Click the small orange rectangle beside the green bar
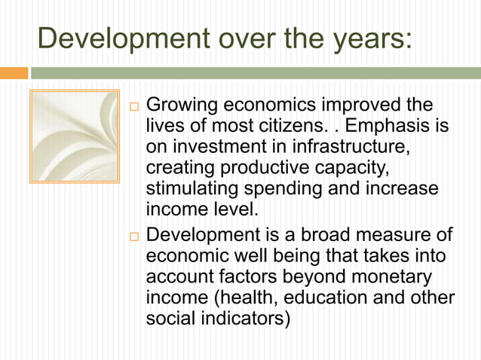tap(14, 73)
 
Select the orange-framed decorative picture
tap(74, 136)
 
